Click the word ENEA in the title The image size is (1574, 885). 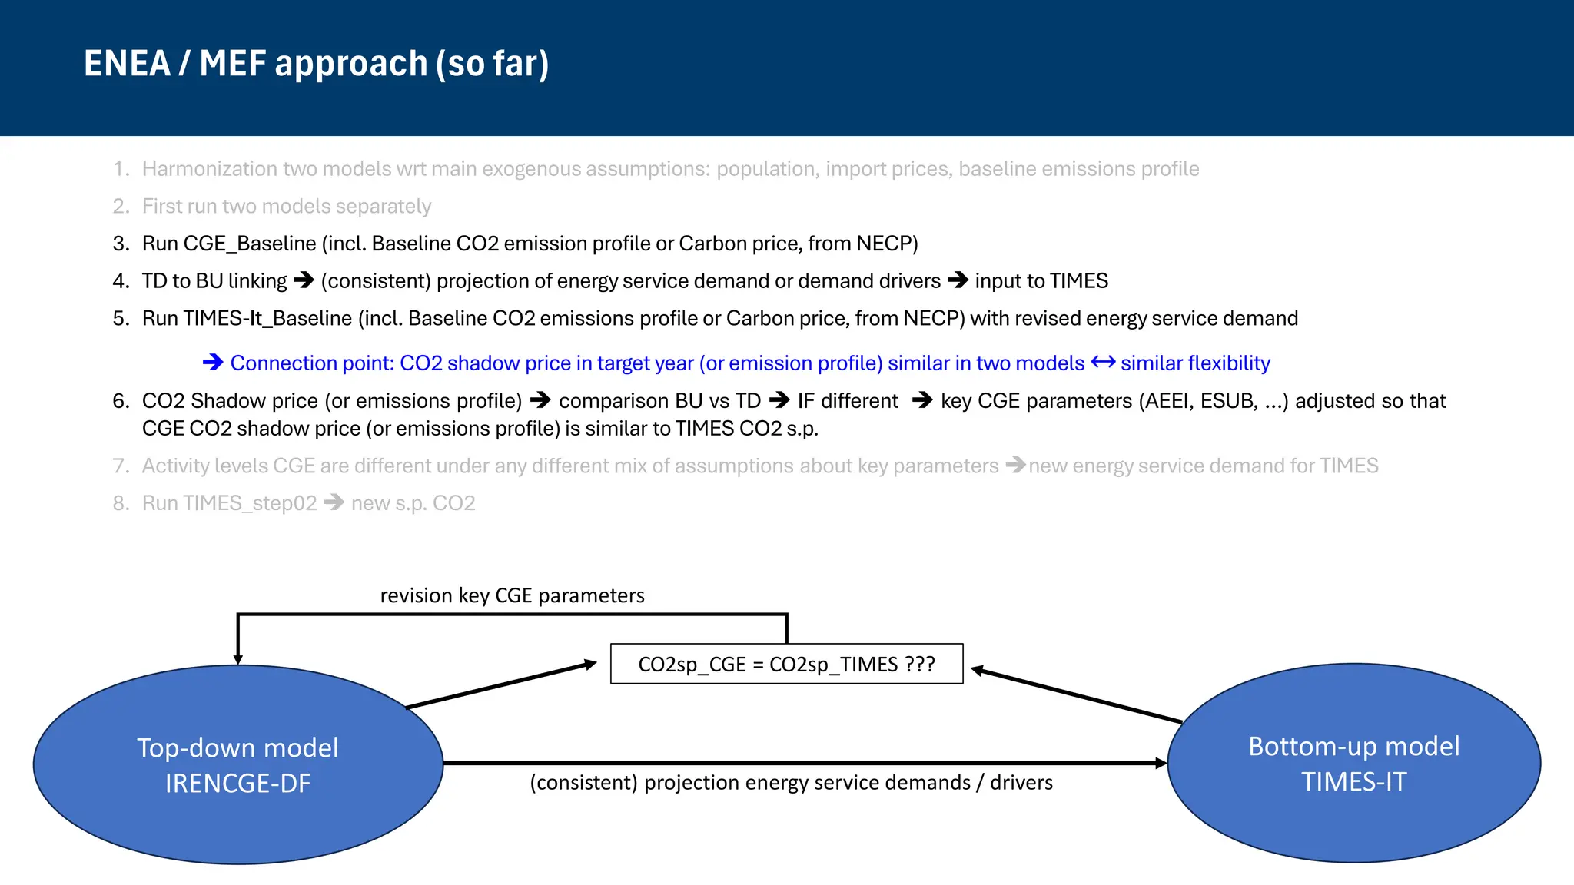click(127, 64)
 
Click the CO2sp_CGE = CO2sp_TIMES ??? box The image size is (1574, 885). click(786, 664)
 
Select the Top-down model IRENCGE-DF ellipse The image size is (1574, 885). click(238, 765)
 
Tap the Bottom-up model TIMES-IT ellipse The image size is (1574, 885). click(1353, 764)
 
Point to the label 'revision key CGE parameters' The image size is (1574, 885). click(512, 595)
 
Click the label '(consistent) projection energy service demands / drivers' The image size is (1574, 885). click(791, 782)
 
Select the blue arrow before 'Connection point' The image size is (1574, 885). click(213, 363)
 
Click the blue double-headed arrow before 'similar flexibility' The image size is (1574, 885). click(1103, 362)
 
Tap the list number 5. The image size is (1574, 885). click(121, 318)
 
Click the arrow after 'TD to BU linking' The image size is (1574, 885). click(304, 280)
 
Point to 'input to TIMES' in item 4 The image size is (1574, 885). click(1041, 281)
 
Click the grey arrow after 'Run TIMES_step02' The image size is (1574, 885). click(334, 503)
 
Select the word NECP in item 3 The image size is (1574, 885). click(884, 244)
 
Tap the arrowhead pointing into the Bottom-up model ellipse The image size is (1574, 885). click(1161, 763)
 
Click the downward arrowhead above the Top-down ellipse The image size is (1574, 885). click(238, 659)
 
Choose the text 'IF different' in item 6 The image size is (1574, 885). click(848, 401)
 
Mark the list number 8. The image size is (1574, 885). click(121, 503)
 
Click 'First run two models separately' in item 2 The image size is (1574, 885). click(286, 207)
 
